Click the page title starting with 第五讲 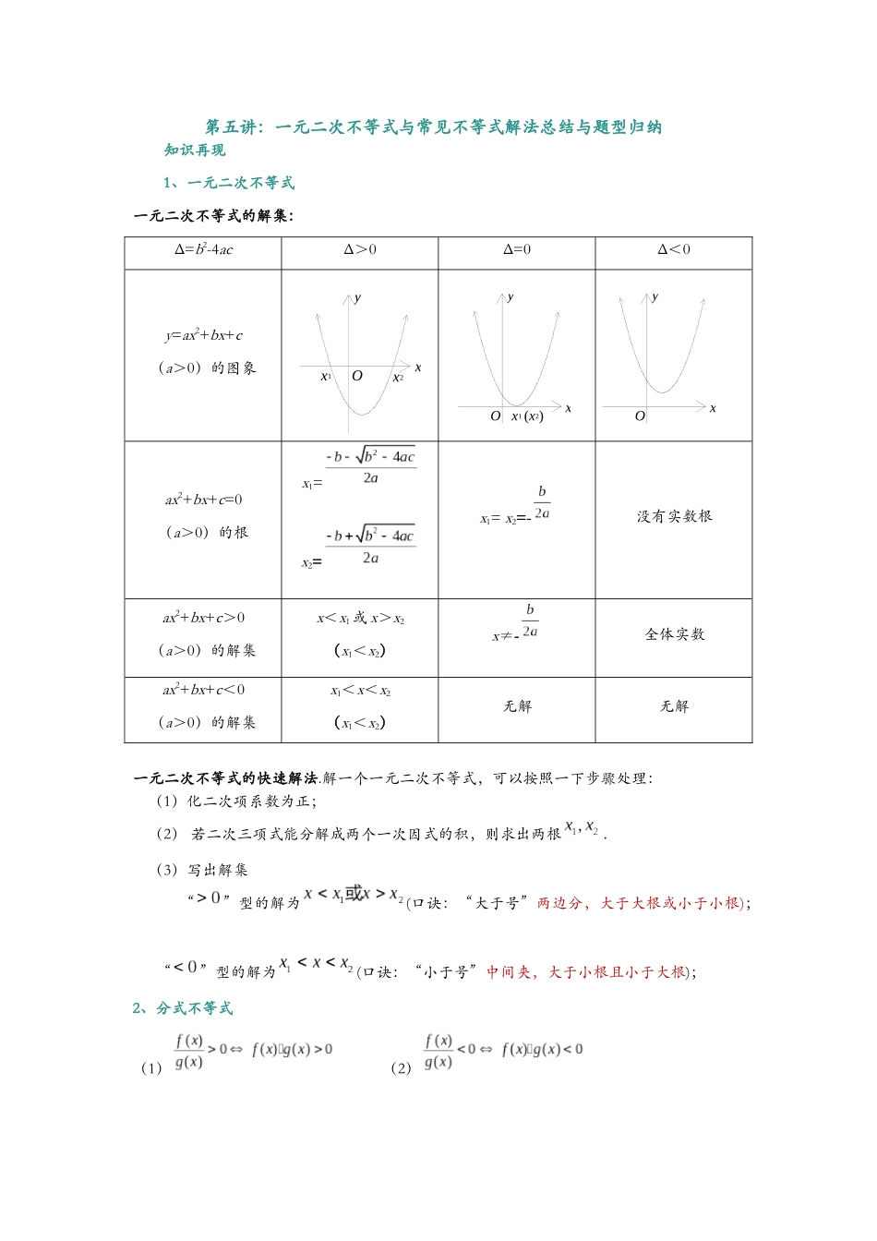point(433,127)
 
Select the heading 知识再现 point(195,151)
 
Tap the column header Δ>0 point(360,249)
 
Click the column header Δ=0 point(517,249)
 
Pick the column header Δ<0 point(674,249)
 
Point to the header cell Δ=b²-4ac point(204,249)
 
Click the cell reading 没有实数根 point(674,516)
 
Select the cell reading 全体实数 point(674,634)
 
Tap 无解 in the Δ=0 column point(517,706)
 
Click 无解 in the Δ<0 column point(674,706)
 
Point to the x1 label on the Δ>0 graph point(326,377)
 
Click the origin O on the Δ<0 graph point(640,416)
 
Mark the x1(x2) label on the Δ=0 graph point(527,416)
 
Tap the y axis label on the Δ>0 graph point(358,297)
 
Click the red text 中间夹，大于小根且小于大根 point(587,971)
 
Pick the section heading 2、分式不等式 point(183,1008)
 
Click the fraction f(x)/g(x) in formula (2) point(438,1051)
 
